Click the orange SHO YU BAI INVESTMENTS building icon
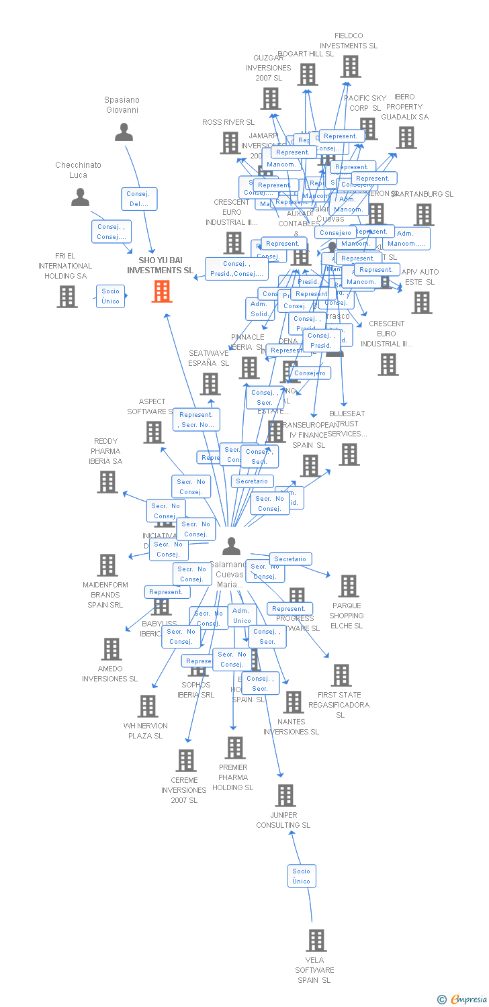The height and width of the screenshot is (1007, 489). (162, 291)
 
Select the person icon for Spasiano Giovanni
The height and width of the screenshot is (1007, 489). (124, 132)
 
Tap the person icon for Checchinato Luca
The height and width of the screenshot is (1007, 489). (81, 197)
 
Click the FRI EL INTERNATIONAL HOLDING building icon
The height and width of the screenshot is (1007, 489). (67, 296)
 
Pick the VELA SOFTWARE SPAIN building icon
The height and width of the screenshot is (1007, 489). (316, 941)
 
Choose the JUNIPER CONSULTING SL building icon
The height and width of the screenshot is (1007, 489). (285, 796)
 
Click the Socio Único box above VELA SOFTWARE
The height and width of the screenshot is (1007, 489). (301, 876)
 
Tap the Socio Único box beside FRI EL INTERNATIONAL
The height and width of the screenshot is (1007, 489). (110, 296)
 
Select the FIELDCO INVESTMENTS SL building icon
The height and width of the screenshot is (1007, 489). (350, 66)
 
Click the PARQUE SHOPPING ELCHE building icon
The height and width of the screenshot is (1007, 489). (348, 586)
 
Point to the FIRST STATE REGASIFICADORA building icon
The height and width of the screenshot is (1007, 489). (341, 675)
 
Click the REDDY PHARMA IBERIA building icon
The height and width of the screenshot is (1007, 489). (107, 481)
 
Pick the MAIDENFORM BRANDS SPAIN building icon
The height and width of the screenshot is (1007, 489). (107, 565)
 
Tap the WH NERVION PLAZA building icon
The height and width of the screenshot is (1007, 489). (148, 706)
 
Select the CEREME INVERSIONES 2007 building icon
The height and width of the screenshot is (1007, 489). (185, 761)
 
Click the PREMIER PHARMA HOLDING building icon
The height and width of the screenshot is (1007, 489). (235, 747)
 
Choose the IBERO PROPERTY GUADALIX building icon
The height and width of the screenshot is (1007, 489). (406, 138)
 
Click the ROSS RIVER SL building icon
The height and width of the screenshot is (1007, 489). (230, 142)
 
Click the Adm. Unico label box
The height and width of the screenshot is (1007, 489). (241, 616)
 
